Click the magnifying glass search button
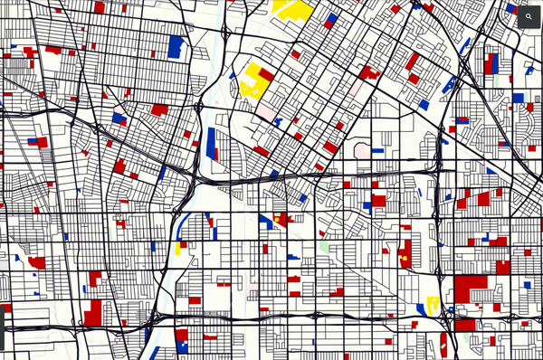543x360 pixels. (529, 16)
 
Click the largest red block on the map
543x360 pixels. (470, 289)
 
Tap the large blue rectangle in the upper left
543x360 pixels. (176, 46)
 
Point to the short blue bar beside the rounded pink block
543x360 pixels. (377, 150)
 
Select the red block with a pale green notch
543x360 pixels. (467, 324)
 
